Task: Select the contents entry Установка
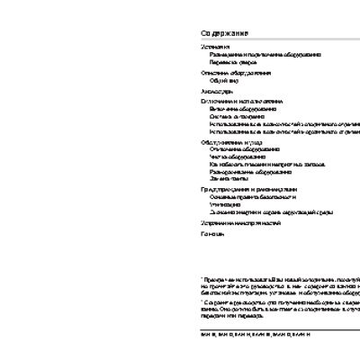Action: click(x=215, y=47)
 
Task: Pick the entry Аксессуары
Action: click(x=217, y=91)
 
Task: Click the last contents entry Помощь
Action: click(x=212, y=233)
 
